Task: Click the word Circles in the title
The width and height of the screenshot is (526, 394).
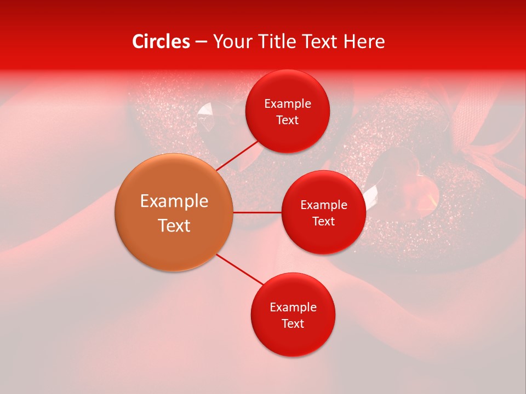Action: point(161,42)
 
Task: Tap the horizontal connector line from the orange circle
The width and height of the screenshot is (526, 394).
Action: point(258,212)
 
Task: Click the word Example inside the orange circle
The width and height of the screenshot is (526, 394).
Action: point(174,201)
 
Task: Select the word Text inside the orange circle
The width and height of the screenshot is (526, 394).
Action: point(174,225)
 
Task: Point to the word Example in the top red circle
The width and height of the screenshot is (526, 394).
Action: point(288,104)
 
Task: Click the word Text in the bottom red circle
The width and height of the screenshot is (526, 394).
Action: point(293,323)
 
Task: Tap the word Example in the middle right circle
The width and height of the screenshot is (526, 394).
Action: point(324,205)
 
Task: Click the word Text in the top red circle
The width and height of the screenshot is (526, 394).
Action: point(287,120)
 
